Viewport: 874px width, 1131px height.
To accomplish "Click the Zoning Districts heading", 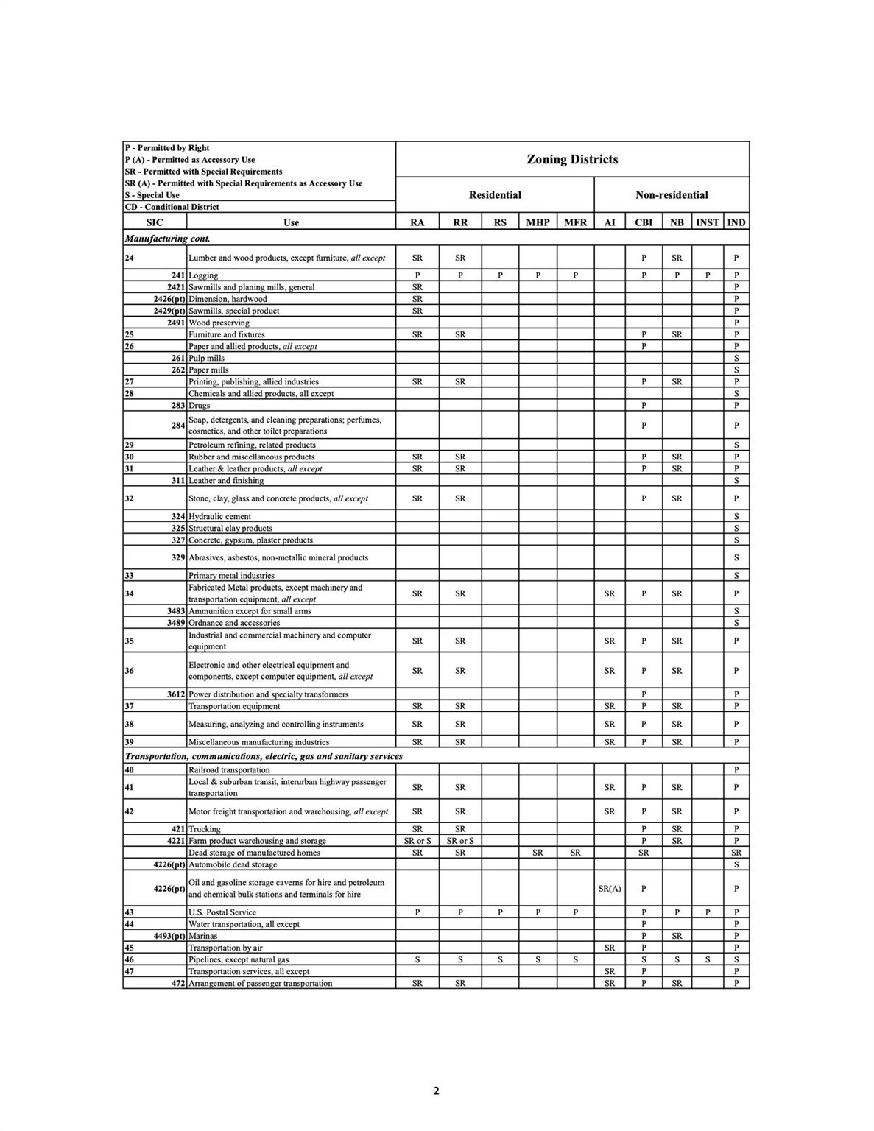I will click(x=572, y=159).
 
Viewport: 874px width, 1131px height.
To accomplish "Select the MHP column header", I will click(x=538, y=222).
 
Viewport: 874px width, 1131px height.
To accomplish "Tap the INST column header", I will click(x=707, y=222).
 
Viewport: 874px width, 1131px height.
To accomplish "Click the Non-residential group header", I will click(x=672, y=195).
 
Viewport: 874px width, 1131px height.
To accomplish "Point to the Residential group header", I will click(x=495, y=195).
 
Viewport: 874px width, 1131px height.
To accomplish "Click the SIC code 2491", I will click(x=177, y=323).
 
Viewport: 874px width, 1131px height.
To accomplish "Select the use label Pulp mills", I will click(x=207, y=358).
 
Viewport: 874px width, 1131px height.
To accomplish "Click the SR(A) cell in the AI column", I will click(x=609, y=889).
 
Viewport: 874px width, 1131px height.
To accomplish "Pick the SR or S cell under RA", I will click(x=417, y=841).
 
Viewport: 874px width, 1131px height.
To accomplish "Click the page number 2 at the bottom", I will click(x=436, y=1091).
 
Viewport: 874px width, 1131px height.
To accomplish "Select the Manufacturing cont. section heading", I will click(x=168, y=239).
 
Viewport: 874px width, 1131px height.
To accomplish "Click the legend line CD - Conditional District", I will click(x=172, y=207).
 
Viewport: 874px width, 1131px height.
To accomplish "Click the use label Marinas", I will click(x=203, y=936).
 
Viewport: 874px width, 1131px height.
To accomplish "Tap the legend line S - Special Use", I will click(x=152, y=195).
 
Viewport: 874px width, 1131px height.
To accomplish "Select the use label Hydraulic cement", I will click(x=219, y=517).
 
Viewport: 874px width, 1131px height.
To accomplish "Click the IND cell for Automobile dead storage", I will click(x=736, y=864).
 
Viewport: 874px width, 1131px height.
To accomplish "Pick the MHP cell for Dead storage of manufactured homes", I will click(x=538, y=853).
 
